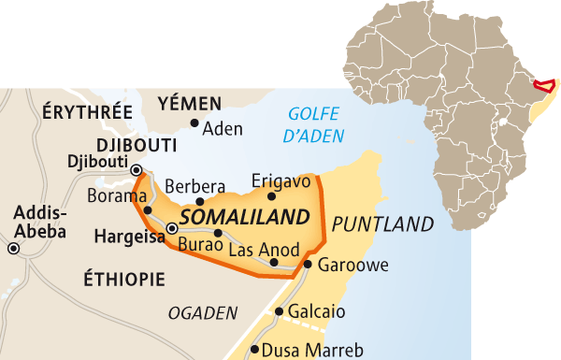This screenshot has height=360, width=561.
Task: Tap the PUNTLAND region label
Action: [382, 224]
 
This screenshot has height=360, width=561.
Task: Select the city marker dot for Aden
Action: [194, 122]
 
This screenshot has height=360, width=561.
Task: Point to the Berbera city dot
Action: [200, 201]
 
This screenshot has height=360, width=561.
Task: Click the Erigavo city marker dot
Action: [272, 196]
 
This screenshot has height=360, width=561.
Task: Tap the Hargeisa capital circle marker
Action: [171, 228]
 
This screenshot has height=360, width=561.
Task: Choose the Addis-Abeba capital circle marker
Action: [14, 249]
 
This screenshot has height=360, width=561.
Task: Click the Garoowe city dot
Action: [308, 265]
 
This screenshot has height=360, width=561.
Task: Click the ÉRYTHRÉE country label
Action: [87, 110]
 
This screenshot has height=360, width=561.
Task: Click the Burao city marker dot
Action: [217, 234]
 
